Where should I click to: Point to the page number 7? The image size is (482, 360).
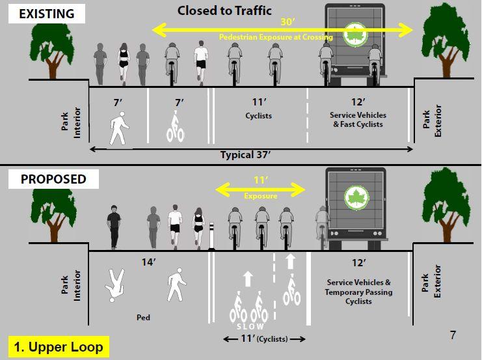453,335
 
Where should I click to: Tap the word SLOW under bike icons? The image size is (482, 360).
250,325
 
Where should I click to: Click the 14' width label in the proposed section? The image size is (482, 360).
148,263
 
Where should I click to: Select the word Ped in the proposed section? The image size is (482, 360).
144,318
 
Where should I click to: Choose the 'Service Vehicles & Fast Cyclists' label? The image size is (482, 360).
356,120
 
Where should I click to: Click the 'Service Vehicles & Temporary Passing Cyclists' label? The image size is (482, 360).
358,292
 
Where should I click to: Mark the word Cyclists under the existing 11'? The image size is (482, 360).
260,116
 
